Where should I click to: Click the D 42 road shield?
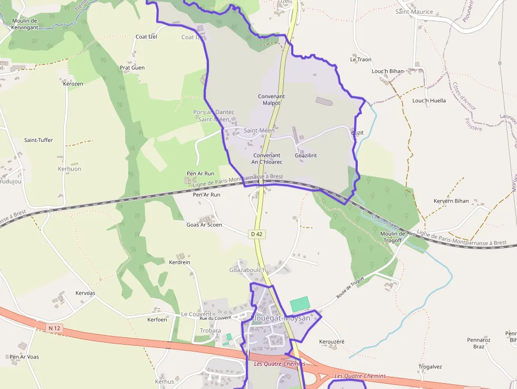(x=256, y=234)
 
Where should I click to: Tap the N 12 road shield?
(x=54, y=328)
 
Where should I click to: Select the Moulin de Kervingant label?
(x=24, y=24)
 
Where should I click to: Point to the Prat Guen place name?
(x=132, y=68)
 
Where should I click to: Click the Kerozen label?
(x=73, y=83)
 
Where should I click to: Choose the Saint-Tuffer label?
(x=39, y=140)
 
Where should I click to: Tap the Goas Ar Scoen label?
(x=204, y=225)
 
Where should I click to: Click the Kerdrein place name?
(x=179, y=262)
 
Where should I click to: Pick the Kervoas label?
(x=85, y=293)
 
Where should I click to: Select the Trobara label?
(x=210, y=331)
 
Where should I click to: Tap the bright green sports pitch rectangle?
(x=300, y=305)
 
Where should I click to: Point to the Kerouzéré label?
(x=332, y=341)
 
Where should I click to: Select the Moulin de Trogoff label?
(x=392, y=237)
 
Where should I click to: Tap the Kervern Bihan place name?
(x=451, y=201)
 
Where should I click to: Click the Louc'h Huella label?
(x=429, y=100)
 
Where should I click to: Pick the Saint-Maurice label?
(x=414, y=12)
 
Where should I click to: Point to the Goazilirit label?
(x=306, y=155)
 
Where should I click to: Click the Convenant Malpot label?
(x=271, y=100)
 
